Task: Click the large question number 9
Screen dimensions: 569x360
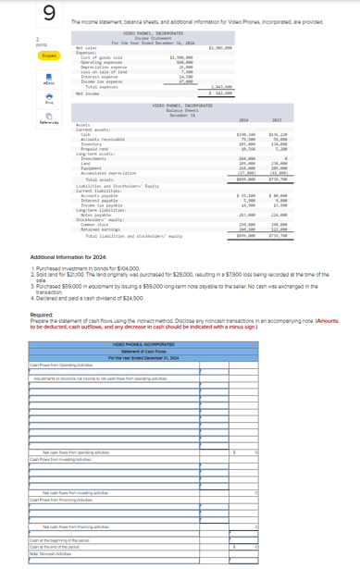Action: tap(18, 13)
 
